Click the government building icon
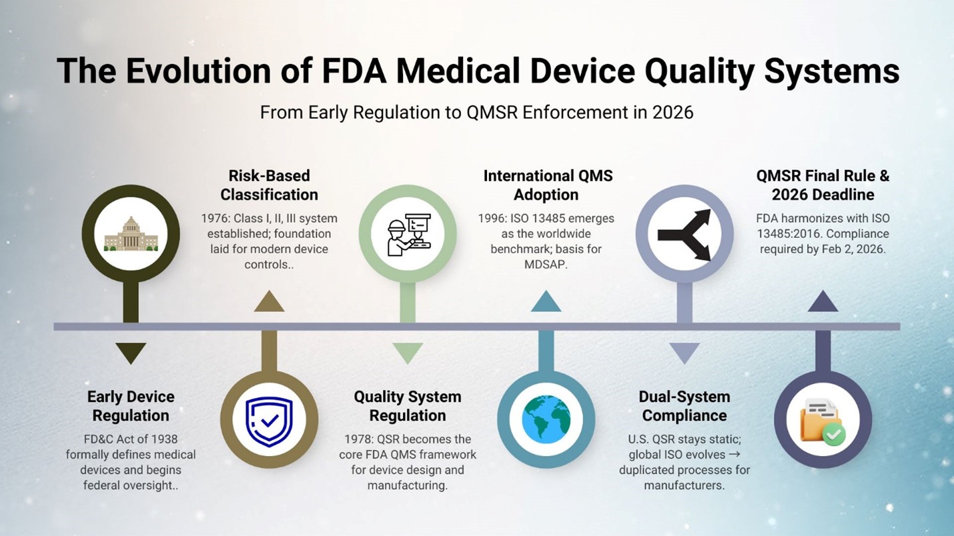pos(131,233)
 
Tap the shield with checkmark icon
pos(269,421)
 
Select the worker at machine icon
pos(408,234)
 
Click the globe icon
pos(546,421)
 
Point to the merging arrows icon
pos(684,234)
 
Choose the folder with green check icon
pos(823,421)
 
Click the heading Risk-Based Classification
pos(269,185)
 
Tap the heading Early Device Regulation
pos(131,406)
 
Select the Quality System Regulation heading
pos(408,406)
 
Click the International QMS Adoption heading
pos(548,185)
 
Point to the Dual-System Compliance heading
pos(684,406)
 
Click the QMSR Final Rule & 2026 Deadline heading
pos(823,185)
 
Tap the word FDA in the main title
pos(352,71)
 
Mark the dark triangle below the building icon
pos(131,351)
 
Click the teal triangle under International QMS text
pos(546,303)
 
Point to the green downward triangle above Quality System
pos(408,351)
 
